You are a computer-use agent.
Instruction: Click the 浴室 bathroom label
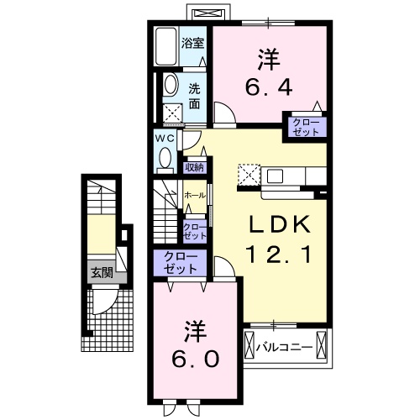[x=193, y=43]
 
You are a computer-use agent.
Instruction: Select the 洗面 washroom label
[x=194, y=95]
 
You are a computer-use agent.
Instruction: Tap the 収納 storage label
[x=194, y=167]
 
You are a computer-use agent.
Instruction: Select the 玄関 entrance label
[x=101, y=272]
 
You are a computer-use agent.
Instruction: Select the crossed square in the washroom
[x=172, y=113]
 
